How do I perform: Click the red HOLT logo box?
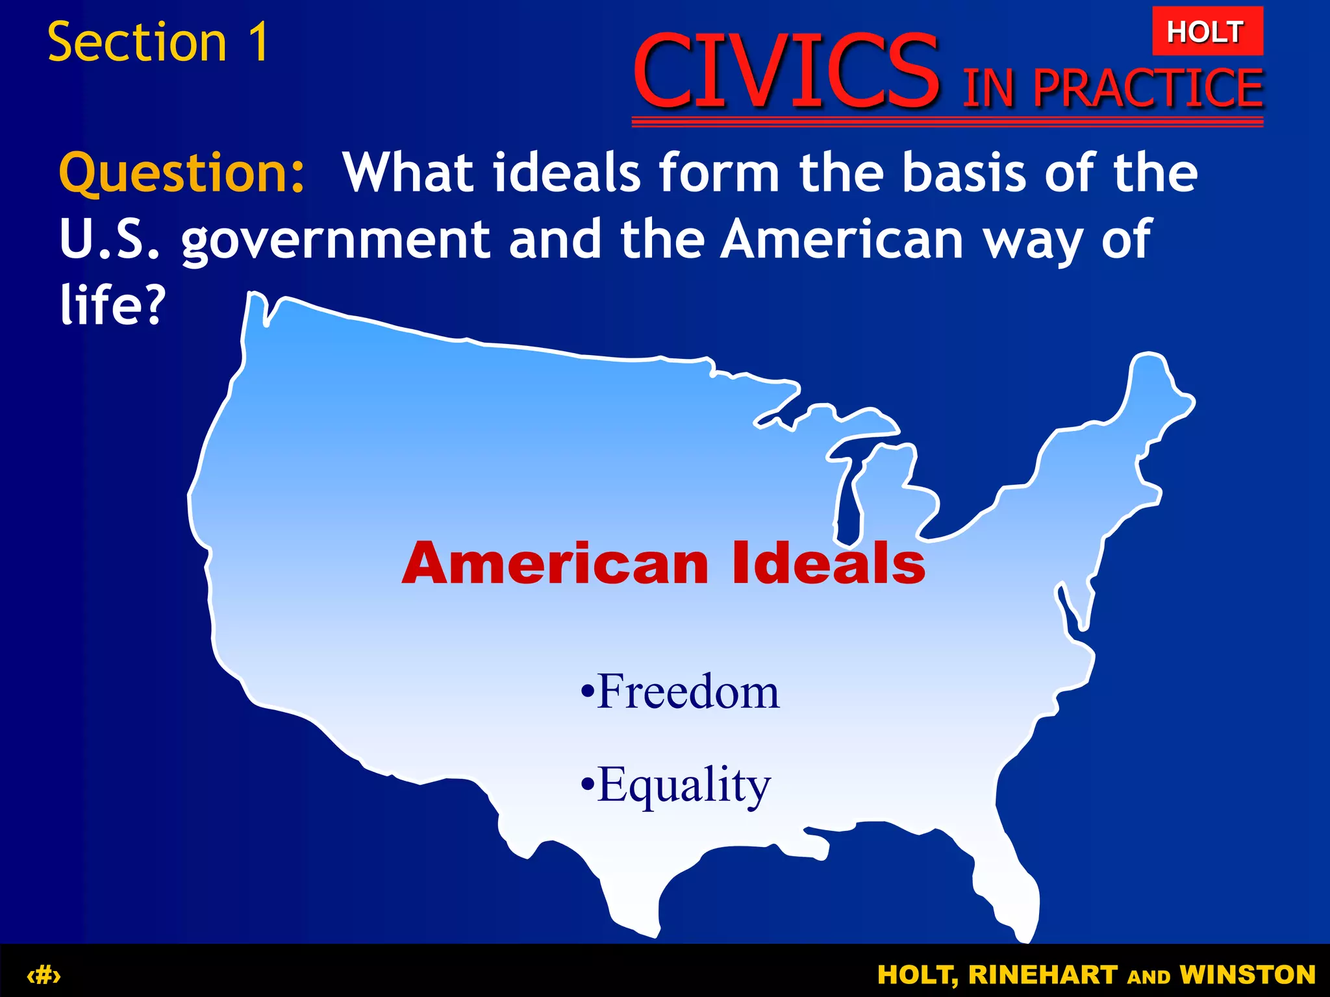[x=1207, y=31]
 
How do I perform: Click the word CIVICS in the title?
[x=786, y=71]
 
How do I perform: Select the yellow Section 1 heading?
[x=158, y=42]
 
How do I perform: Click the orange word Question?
[x=182, y=174]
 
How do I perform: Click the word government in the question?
[x=335, y=240]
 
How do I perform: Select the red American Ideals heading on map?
[x=663, y=563]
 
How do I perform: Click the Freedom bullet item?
[x=679, y=691]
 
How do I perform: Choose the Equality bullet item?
[x=675, y=785]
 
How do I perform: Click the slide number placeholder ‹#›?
[x=44, y=975]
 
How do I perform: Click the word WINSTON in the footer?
[x=1247, y=975]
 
